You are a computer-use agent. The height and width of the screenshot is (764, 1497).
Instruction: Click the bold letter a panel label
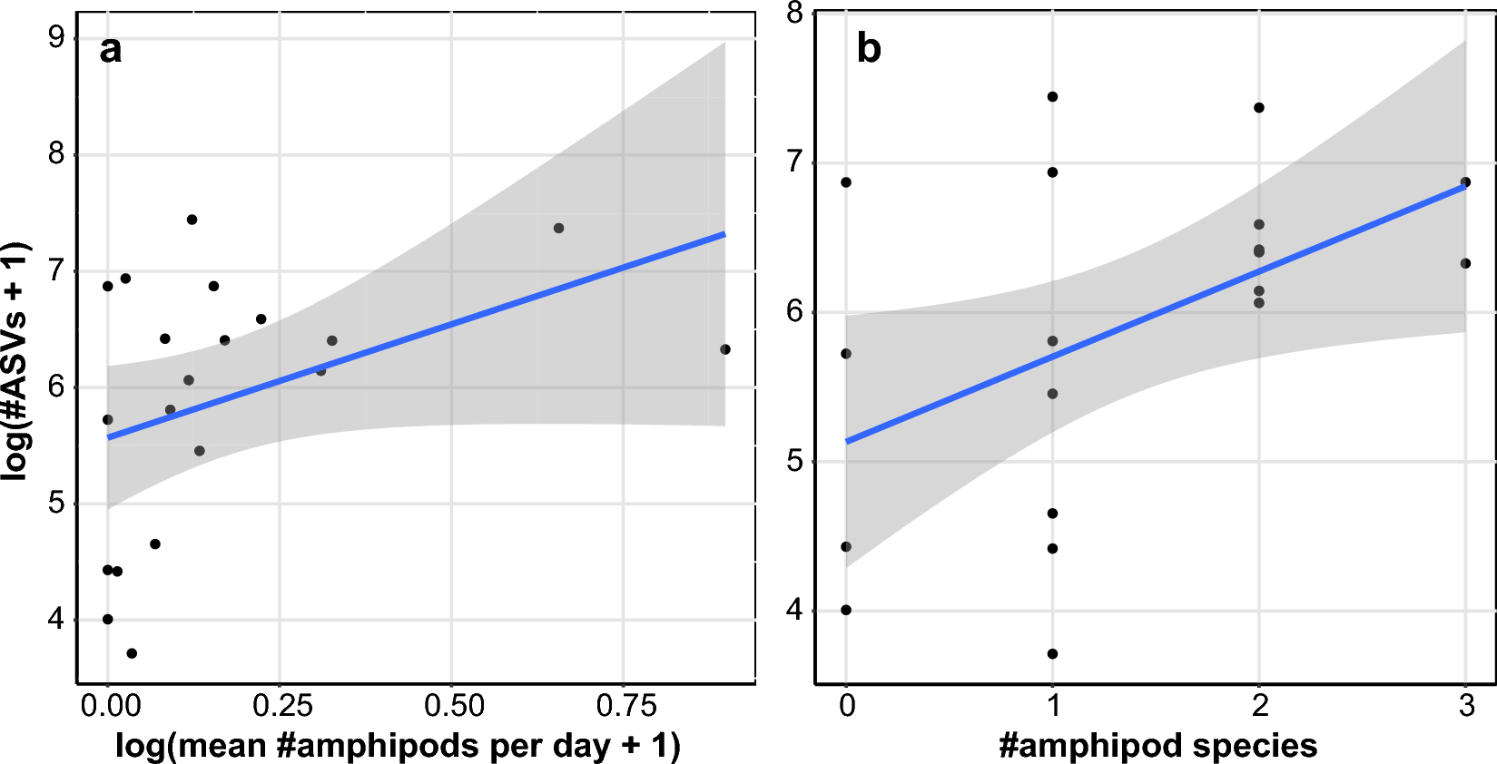pyautogui.click(x=110, y=49)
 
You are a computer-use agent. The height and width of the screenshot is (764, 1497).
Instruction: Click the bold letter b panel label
pyautogui.click(x=869, y=48)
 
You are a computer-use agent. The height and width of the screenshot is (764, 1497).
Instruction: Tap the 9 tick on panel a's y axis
pyautogui.click(x=56, y=37)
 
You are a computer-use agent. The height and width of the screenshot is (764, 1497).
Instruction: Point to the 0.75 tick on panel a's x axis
pyautogui.click(x=625, y=706)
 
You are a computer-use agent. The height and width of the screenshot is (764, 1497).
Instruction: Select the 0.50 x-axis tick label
pyautogui.click(x=454, y=706)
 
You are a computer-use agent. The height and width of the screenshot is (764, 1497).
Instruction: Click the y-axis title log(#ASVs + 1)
pyautogui.click(x=17, y=361)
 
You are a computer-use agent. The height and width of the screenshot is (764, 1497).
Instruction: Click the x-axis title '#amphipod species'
pyautogui.click(x=1157, y=745)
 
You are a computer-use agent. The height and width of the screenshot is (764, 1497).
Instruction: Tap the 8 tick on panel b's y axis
pyautogui.click(x=795, y=13)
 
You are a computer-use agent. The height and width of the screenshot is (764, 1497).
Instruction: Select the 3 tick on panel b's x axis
pyautogui.click(x=1466, y=706)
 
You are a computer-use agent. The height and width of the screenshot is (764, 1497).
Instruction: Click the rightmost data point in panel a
pyautogui.click(x=725, y=349)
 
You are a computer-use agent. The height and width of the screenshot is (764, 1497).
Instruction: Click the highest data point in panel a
pyautogui.click(x=192, y=220)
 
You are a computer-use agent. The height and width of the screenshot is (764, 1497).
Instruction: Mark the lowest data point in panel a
pyautogui.click(x=132, y=653)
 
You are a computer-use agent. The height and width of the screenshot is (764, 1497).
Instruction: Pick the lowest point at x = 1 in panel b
pyautogui.click(x=1053, y=653)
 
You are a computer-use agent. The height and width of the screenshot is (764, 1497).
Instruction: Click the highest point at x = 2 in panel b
pyautogui.click(x=1259, y=108)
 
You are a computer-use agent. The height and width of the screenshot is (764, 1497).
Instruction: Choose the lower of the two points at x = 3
pyautogui.click(x=1465, y=263)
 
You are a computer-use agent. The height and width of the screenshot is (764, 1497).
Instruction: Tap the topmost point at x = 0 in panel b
pyautogui.click(x=846, y=182)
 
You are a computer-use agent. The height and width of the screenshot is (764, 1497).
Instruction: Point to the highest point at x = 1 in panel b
pyautogui.click(x=1053, y=97)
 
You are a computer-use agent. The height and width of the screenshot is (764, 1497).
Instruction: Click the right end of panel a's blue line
pyautogui.click(x=724, y=234)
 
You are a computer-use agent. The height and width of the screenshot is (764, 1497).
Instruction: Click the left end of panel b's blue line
pyautogui.click(x=847, y=441)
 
